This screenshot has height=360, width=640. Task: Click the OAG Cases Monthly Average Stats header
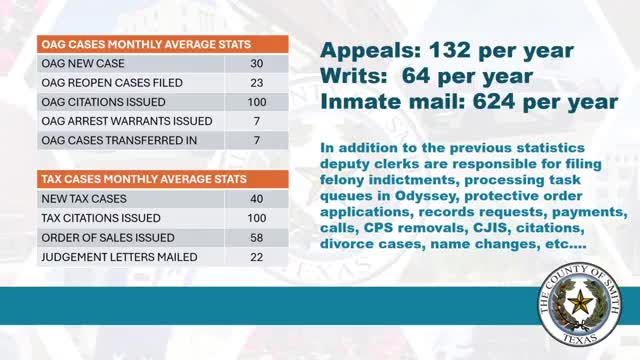coord(144,44)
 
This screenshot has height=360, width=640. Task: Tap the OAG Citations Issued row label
coord(98,102)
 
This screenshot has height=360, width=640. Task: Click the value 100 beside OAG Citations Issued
coord(259,102)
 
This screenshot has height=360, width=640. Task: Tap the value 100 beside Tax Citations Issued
coord(259,217)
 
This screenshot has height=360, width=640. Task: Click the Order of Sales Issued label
coord(94,237)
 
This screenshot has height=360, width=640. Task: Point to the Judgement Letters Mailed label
coord(105,256)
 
